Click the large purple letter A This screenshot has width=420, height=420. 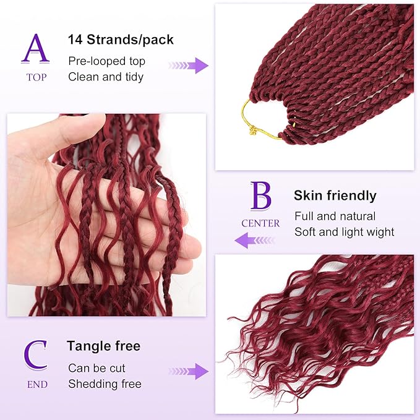coord(35,49)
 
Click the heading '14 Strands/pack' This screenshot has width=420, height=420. coord(121,40)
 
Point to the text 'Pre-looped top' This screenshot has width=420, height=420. coord(107,61)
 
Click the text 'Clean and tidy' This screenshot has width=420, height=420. coord(106,77)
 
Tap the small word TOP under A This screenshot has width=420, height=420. coord(35,78)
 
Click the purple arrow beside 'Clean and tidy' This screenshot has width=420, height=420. coord(188,66)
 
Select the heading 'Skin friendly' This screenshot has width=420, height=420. coord(335,196)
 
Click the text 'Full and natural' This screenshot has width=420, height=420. coord(335,216)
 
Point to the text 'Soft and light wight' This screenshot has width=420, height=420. coord(344,232)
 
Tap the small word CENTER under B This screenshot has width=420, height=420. coord(260,223)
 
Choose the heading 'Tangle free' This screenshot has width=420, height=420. coord(104,346)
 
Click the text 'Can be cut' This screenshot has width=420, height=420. coord(96,368)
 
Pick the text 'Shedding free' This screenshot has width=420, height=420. coord(105,384)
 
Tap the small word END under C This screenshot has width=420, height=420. coord(36,384)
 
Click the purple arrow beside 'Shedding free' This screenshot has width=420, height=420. coord(188,372)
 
